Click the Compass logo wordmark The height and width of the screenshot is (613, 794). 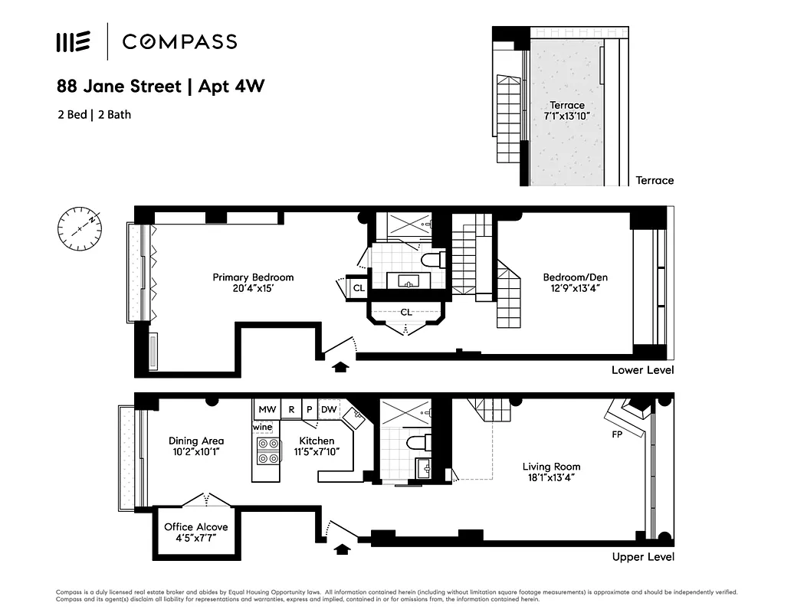[179, 41]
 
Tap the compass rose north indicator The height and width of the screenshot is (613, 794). [79, 226]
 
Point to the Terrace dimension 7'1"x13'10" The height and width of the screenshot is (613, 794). [566, 116]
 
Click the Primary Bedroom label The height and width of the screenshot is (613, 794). [253, 277]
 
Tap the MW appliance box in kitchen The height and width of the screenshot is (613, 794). [267, 410]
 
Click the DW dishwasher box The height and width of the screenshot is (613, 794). [328, 410]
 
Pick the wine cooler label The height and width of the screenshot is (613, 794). [263, 427]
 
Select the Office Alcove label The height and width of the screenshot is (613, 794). [195, 527]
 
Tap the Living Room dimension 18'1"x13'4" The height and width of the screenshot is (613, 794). [551, 477]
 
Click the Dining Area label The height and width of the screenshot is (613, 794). [196, 441]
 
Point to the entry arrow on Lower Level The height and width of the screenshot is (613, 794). [340, 367]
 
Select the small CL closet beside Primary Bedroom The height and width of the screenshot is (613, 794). [359, 288]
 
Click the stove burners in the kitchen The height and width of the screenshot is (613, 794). [268, 451]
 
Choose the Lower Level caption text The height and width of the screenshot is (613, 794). [642, 370]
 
